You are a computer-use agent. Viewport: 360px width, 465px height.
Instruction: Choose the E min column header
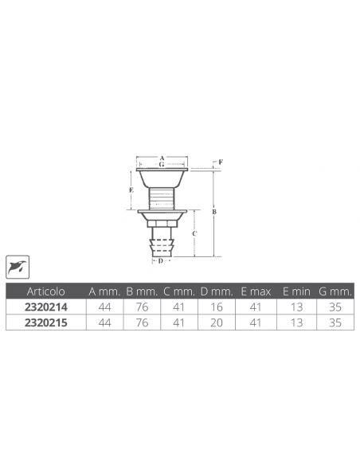pyautogui.click(x=295, y=291)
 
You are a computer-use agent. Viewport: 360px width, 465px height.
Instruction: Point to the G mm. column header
pyautogui.click(x=335, y=291)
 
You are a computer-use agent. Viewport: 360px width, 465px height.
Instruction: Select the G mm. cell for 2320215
pyautogui.click(x=335, y=323)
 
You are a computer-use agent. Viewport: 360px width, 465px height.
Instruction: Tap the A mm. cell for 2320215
pyautogui.click(x=104, y=323)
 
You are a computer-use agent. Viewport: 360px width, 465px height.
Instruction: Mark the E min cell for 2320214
pyautogui.click(x=295, y=307)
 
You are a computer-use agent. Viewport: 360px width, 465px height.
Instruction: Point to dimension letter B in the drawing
pyautogui.click(x=214, y=213)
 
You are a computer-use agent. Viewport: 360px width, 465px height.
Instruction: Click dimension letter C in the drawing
pyautogui.click(x=196, y=233)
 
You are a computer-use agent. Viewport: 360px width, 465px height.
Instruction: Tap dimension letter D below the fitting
pyautogui.click(x=160, y=260)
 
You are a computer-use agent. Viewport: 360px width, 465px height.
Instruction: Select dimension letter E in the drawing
pyautogui.click(x=131, y=191)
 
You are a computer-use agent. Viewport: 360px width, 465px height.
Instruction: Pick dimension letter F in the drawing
pyautogui.click(x=221, y=162)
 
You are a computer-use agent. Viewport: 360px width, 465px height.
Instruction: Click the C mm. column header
pyautogui.click(x=180, y=291)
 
